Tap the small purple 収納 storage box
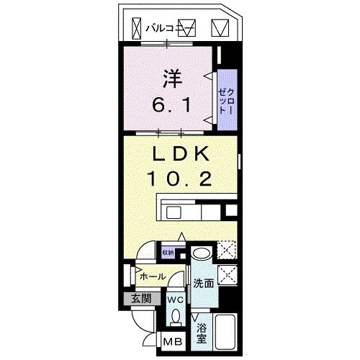(x=168, y=253)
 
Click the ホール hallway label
(x=153, y=276)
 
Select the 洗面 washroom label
(x=203, y=284)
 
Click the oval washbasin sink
(x=201, y=254)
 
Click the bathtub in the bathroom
(x=228, y=330)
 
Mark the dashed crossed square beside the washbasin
(x=228, y=252)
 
